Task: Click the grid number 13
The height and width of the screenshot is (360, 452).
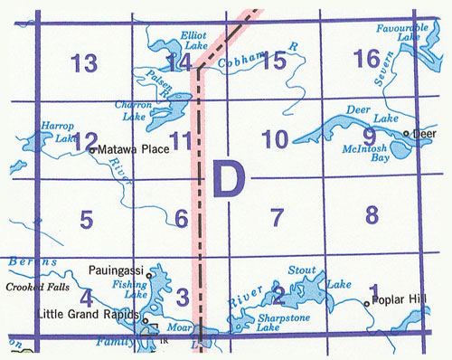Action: click(x=84, y=63)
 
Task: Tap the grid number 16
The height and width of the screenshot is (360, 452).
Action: click(x=367, y=60)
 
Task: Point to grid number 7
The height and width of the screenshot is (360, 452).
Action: click(x=277, y=217)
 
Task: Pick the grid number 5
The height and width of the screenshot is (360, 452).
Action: click(x=86, y=219)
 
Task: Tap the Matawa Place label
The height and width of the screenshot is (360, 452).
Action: click(x=133, y=148)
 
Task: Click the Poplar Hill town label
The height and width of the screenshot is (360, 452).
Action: click(x=398, y=304)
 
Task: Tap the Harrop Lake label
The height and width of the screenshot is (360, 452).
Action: click(x=55, y=132)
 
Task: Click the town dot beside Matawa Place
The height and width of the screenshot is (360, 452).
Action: click(x=91, y=149)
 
